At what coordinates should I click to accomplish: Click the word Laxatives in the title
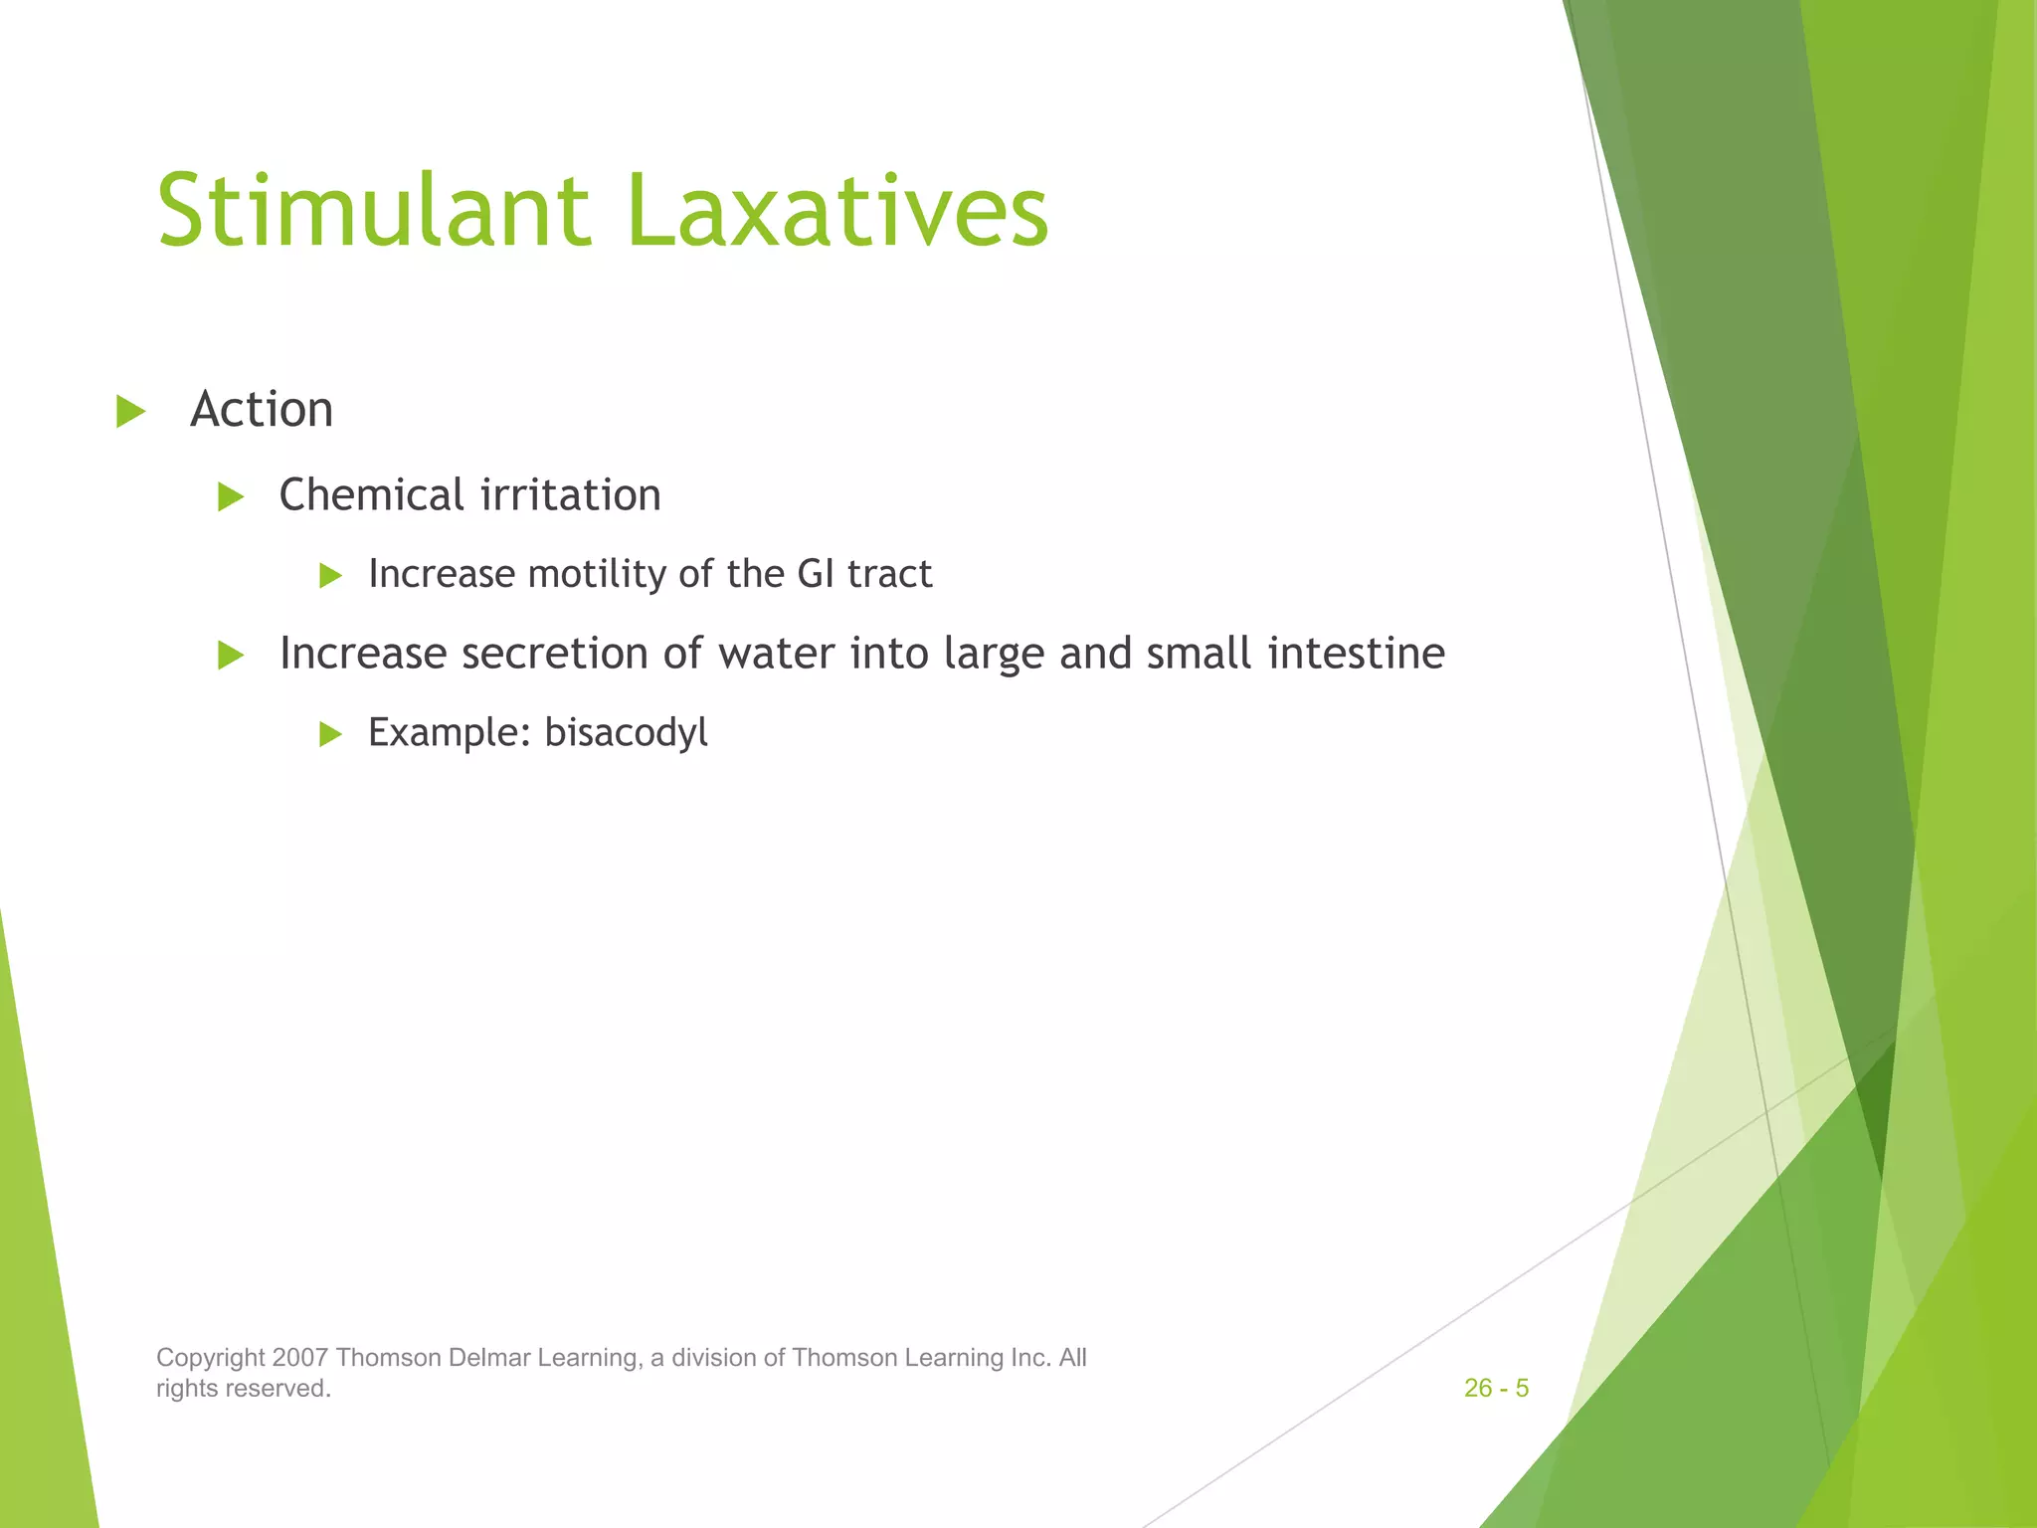[x=837, y=211]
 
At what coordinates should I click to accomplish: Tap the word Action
[x=262, y=410]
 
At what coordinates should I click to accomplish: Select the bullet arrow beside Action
[x=130, y=411]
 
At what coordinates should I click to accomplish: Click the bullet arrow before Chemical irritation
[x=231, y=496]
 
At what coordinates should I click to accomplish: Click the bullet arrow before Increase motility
[x=330, y=575]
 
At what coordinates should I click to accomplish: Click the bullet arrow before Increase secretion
[x=231, y=655]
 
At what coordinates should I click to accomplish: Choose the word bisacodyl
[x=626, y=733]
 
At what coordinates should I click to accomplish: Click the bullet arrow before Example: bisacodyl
[x=330, y=734]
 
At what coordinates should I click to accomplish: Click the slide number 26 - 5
[x=1496, y=1388]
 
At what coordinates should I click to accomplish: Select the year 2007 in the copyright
[x=299, y=1358]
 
